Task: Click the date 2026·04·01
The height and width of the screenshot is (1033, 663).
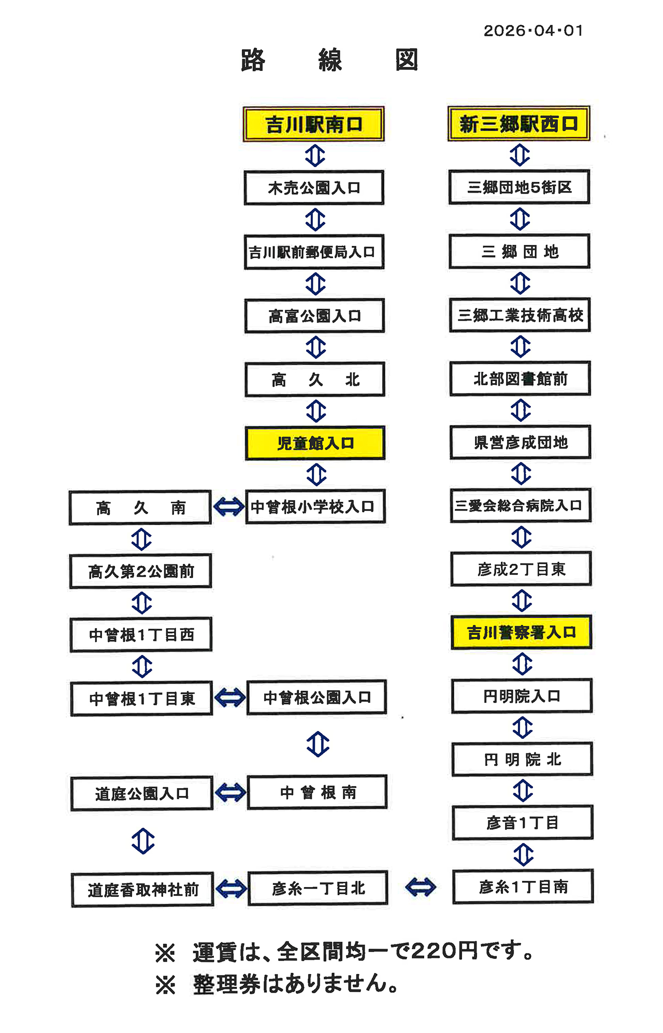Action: [x=533, y=31]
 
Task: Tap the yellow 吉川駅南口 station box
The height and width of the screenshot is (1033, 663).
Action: [x=313, y=124]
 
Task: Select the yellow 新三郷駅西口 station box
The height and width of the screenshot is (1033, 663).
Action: [x=518, y=124]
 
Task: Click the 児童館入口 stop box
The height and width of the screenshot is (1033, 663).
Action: [x=315, y=443]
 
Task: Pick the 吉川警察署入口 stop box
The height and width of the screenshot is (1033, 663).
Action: [x=521, y=632]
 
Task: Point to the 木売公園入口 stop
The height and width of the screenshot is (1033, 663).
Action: [x=314, y=187]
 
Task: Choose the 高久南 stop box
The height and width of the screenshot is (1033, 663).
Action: [x=140, y=507]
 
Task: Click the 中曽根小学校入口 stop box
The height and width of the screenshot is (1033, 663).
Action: [x=315, y=506]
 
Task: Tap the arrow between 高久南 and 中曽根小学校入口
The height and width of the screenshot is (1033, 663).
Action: [x=228, y=507]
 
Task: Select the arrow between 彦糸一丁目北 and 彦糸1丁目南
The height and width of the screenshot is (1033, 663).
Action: [x=420, y=887]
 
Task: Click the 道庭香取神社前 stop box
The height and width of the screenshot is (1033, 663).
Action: [x=142, y=890]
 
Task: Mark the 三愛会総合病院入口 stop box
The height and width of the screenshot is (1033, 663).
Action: [x=520, y=505]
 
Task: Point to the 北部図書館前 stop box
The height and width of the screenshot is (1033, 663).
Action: [x=520, y=379]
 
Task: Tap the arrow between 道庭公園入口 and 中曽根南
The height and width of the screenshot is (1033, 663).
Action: [x=230, y=792]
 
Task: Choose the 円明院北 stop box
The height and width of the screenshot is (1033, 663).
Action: [x=522, y=760]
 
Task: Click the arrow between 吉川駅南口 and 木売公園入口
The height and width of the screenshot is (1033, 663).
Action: [x=315, y=155]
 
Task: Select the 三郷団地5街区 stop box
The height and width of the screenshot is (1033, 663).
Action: [x=519, y=187]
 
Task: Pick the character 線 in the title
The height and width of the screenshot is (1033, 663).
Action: [x=330, y=60]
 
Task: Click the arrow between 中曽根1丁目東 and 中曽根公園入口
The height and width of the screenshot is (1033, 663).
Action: [x=229, y=698]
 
